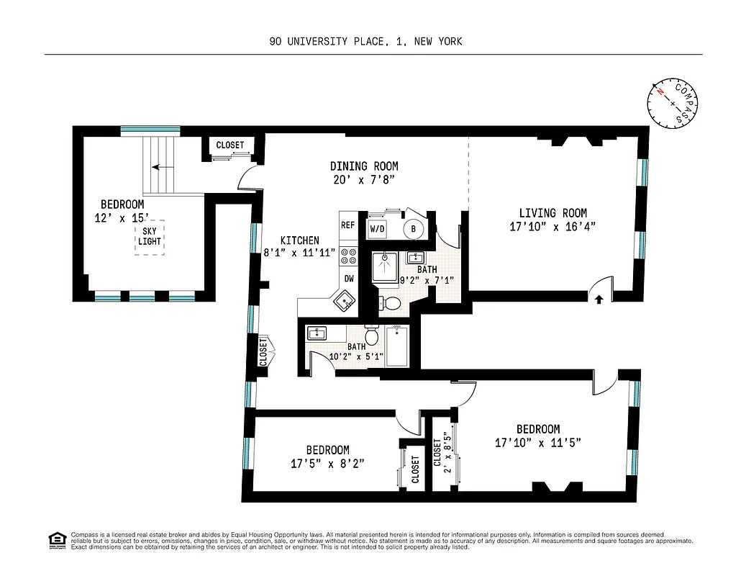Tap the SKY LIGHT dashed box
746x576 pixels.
coord(150,236)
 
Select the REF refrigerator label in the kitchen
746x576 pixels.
coord(348,225)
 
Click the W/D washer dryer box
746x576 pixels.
coord(378,229)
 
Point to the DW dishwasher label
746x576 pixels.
coord(349,278)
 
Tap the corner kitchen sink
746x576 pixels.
coord(344,301)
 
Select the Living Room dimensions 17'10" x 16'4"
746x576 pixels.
coord(552,226)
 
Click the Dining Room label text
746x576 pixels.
coord(364,166)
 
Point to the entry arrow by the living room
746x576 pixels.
coord(598,300)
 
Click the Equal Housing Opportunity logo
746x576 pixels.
coord(55,539)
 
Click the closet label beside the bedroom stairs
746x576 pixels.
coord(230,145)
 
